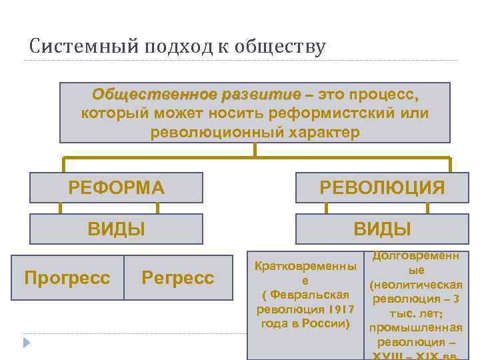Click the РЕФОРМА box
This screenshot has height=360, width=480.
[117, 187]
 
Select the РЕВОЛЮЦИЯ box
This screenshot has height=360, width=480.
[382, 187]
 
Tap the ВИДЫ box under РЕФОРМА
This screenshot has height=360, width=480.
[117, 229]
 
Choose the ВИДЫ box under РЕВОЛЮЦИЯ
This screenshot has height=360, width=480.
[382, 229]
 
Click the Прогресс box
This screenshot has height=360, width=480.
[67, 277]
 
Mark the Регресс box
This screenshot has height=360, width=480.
[178, 277]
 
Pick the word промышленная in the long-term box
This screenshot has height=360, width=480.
[415, 327]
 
